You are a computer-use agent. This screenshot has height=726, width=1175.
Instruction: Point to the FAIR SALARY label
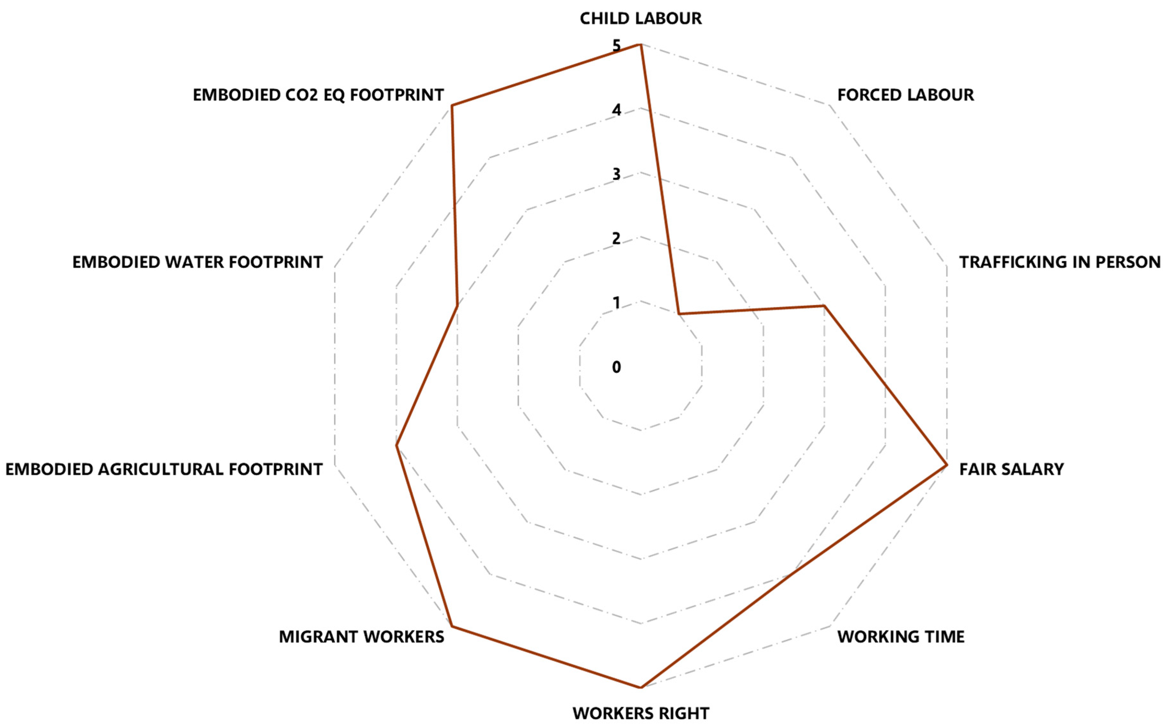pyautogui.click(x=1011, y=469)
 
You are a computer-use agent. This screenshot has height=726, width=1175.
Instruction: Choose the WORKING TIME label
pyautogui.click(x=900, y=637)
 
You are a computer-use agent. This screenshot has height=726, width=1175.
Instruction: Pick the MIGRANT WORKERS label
pyautogui.click(x=361, y=637)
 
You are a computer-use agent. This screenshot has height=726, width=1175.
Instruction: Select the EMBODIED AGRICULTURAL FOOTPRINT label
pyautogui.click(x=164, y=469)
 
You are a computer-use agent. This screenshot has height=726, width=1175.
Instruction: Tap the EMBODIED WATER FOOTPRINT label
pyautogui.click(x=197, y=262)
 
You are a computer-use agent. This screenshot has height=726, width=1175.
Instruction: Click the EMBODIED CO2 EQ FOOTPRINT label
pyautogui.click(x=318, y=95)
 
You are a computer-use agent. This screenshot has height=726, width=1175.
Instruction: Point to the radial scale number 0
pyautogui.click(x=616, y=367)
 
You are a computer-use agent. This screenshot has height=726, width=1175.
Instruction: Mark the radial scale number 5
pyautogui.click(x=616, y=46)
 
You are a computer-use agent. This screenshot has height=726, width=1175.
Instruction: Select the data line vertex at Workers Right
pyautogui.click(x=641, y=688)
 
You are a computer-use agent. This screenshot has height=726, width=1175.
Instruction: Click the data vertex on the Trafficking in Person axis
pyautogui.click(x=824, y=305)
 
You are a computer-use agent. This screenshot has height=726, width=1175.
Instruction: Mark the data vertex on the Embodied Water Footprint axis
pyautogui.click(x=457, y=305)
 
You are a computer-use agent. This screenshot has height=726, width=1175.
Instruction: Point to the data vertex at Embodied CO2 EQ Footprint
pyautogui.click(x=452, y=105)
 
